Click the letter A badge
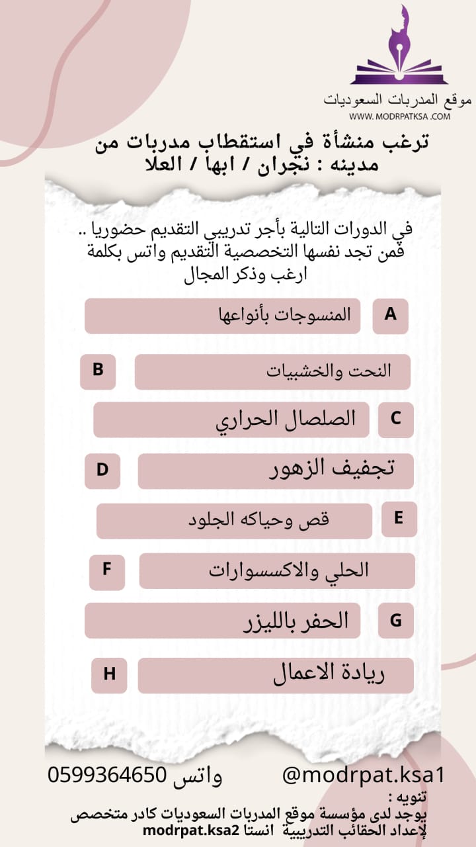390,315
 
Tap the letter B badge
98,371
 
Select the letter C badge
395,420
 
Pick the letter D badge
102,470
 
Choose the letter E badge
399,518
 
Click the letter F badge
106,570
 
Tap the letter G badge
396,621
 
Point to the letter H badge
109,675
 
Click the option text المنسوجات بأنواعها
284,314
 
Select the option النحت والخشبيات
329,371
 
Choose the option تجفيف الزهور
333,469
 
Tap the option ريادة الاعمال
329,674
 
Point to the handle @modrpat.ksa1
364,775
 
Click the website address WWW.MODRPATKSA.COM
399,116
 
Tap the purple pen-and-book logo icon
399,48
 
